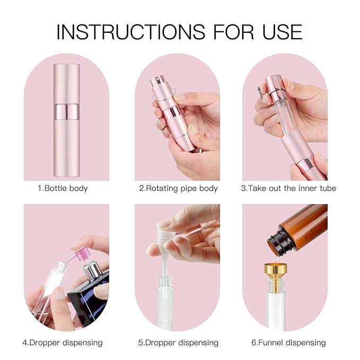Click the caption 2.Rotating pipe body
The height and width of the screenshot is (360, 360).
click(x=178, y=188)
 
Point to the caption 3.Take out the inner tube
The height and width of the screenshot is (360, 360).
click(x=288, y=188)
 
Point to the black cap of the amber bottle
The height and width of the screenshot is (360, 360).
click(x=277, y=243)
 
